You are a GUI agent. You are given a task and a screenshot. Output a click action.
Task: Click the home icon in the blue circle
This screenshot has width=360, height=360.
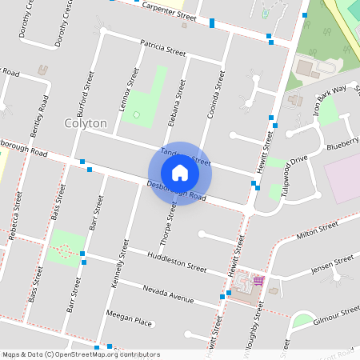[x=179, y=173]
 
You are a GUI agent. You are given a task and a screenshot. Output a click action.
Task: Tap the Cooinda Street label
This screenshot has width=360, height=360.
[x=214, y=93]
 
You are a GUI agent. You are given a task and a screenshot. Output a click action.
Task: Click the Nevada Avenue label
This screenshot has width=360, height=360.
[x=168, y=293]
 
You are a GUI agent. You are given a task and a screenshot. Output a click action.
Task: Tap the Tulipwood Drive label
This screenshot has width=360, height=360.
[x=290, y=170]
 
